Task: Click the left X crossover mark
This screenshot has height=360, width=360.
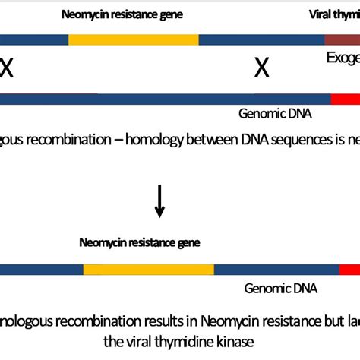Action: pyautogui.click(x=7, y=69)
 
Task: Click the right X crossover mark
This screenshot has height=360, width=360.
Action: pyautogui.click(x=261, y=69)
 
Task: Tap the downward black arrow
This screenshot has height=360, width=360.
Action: pyautogui.click(x=159, y=201)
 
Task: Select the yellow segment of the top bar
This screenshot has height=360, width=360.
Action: pyautogui.click(x=133, y=40)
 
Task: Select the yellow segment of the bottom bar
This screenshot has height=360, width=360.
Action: pyautogui.click(x=149, y=270)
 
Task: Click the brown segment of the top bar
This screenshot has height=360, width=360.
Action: pyautogui.click(x=342, y=40)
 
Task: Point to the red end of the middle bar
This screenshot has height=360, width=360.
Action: pyautogui.click(x=345, y=99)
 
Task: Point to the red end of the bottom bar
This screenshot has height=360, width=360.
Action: pyautogui.click(x=349, y=270)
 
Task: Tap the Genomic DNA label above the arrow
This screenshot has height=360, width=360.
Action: pyautogui.click(x=275, y=115)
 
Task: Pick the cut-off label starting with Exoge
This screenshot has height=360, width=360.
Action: pyautogui.click(x=343, y=58)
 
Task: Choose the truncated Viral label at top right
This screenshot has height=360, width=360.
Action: pyautogui.click(x=333, y=14)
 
